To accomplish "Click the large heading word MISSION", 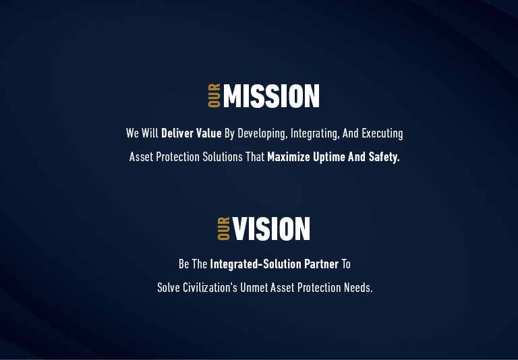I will coord(271,96).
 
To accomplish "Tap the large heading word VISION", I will coord(271,229).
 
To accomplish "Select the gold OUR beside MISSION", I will coord(214,96).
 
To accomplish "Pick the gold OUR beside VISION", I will coord(224,229).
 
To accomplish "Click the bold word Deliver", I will coord(177,133).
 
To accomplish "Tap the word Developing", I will coord(262,133).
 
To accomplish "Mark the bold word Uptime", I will coord(329,157).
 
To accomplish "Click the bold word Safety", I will coord(384,157).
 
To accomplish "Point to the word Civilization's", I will coord(210,287).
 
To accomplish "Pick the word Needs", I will coord(357,287).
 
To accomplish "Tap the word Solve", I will coord(169,287).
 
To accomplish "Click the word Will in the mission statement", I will coord(150,133).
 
